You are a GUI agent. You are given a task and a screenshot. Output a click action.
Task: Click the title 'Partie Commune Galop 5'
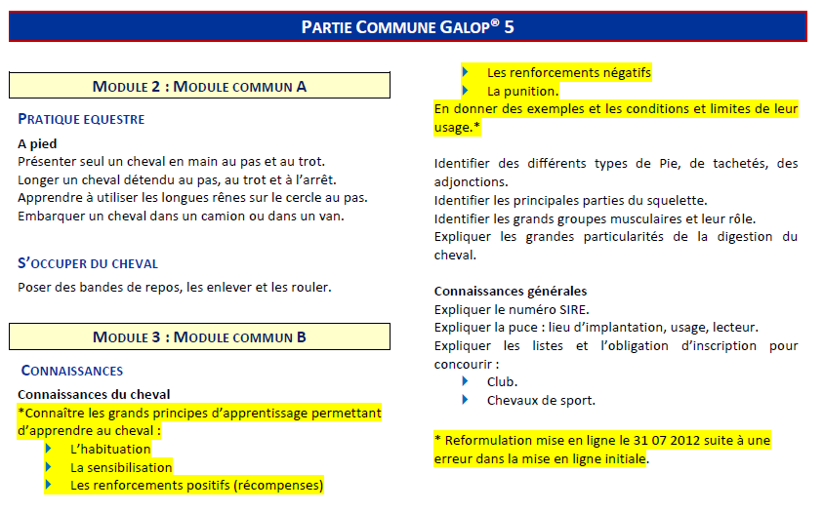click(408, 26)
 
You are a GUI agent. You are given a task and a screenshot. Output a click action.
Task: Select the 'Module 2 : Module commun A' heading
click(199, 86)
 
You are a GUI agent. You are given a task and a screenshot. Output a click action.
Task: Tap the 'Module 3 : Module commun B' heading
click(199, 336)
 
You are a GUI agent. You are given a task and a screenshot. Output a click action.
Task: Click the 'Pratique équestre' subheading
click(81, 119)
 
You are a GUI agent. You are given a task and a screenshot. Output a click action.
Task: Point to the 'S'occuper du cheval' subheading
click(87, 263)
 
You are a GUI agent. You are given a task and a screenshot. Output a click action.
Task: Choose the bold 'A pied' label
click(37, 143)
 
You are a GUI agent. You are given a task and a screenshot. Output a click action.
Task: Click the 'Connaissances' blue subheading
click(72, 371)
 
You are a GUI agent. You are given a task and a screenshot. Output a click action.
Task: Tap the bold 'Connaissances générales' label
click(511, 291)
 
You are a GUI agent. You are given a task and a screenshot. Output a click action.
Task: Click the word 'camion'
click(209, 216)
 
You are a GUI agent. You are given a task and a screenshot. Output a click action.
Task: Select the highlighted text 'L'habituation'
click(110, 450)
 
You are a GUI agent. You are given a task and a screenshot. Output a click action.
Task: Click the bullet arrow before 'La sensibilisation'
click(49, 467)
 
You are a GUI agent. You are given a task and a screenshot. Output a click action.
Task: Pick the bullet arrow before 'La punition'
click(466, 91)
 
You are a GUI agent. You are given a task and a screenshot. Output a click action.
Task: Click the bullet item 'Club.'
click(502, 381)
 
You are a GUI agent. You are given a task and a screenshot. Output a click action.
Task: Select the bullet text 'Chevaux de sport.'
click(541, 400)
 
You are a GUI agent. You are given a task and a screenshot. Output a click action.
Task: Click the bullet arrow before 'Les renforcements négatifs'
click(466, 72)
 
